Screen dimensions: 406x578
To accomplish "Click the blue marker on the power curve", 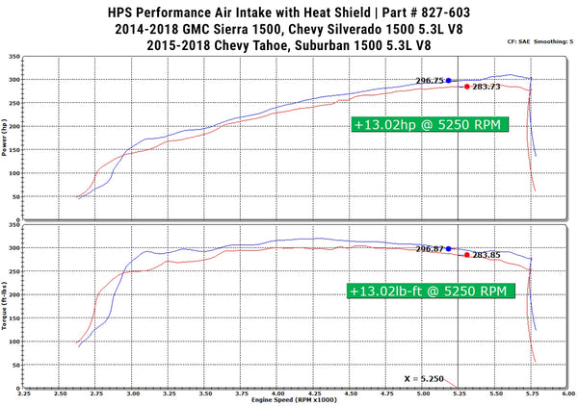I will pyautogui.click(x=448, y=81).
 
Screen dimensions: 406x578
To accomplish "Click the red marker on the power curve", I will pyautogui.click(x=467, y=87).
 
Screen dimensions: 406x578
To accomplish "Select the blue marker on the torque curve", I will pyautogui.click(x=448, y=248).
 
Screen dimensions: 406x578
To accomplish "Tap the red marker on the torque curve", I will pyautogui.click(x=467, y=256).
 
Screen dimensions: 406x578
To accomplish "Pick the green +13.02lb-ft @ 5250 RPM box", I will pyautogui.click(x=427, y=289).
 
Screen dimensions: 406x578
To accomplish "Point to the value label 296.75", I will pyautogui.click(x=430, y=81).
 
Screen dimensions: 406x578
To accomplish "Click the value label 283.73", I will pyautogui.click(x=486, y=87).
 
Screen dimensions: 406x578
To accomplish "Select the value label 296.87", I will pyautogui.click(x=430, y=249).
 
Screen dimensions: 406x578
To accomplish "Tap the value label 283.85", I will pyautogui.click(x=486, y=256).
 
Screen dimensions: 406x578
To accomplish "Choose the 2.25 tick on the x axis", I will pyautogui.click(x=23, y=393).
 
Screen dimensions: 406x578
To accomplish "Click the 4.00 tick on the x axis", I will pyautogui.click(x=277, y=393).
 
